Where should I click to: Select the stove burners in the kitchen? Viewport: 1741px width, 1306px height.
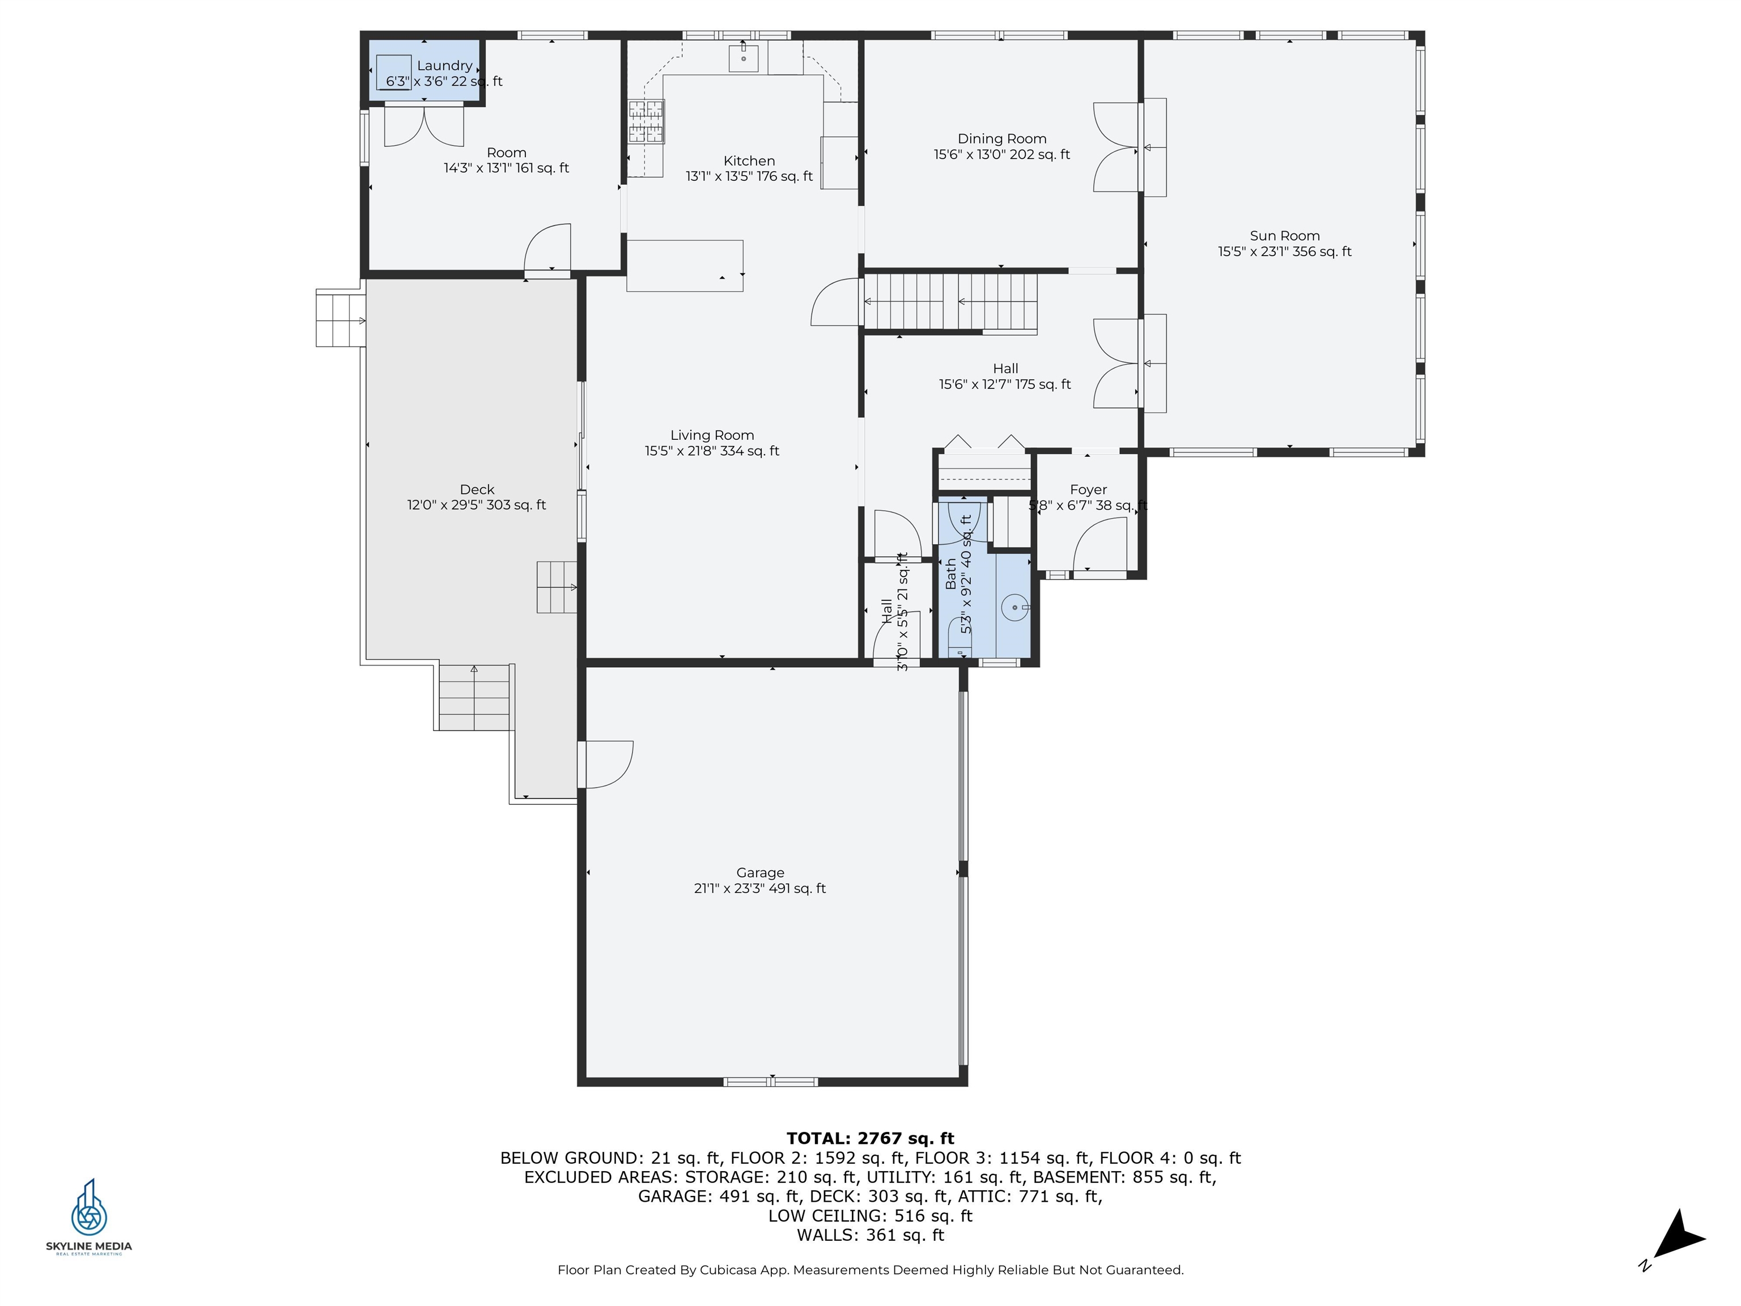(646, 122)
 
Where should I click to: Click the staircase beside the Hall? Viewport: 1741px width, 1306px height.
(951, 301)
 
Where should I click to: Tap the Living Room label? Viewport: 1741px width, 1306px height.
(712, 435)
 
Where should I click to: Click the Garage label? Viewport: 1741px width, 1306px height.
(761, 872)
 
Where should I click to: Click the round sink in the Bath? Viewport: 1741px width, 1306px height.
(1016, 608)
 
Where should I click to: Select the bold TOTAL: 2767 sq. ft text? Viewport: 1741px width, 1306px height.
(870, 1138)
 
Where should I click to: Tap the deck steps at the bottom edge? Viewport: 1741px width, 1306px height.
(474, 697)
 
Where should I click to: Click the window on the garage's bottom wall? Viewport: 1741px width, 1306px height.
(771, 1082)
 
